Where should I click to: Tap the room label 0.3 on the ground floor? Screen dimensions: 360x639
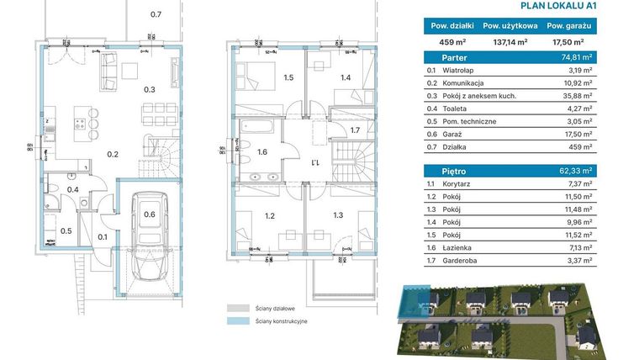(x=149, y=89)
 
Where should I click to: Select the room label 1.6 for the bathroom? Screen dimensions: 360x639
(x=261, y=152)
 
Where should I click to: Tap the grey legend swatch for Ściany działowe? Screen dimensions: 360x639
(x=236, y=308)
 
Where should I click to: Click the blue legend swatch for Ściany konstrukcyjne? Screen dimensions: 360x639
(x=236, y=321)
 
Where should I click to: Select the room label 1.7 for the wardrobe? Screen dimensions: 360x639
(x=355, y=130)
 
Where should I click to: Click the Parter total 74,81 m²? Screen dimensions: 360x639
(x=600, y=57)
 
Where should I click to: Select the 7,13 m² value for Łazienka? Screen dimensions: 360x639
(x=605, y=248)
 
